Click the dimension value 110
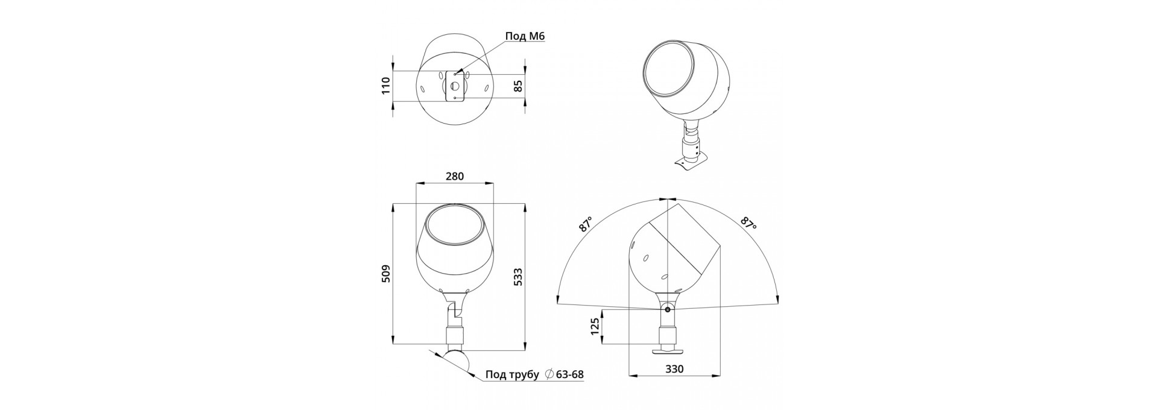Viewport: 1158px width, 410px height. (x=387, y=86)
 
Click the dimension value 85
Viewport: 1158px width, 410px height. (x=517, y=86)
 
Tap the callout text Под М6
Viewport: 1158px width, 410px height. (x=525, y=37)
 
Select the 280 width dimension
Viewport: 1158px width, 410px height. (x=455, y=176)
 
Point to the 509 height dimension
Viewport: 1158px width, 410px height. (x=387, y=273)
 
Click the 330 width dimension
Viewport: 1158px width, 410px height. (x=674, y=369)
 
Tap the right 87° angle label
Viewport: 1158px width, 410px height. (x=748, y=224)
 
